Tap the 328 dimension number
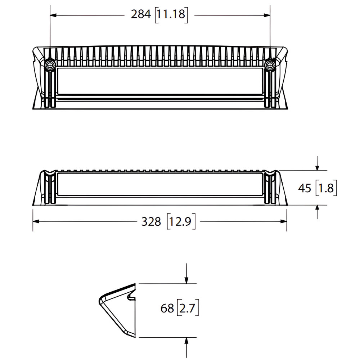point(151,222)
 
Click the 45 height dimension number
point(305,188)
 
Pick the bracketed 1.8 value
point(327,188)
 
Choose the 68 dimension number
point(168,309)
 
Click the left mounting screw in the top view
point(50,65)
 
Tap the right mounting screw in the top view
point(269,65)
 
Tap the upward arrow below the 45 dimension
point(317,208)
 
